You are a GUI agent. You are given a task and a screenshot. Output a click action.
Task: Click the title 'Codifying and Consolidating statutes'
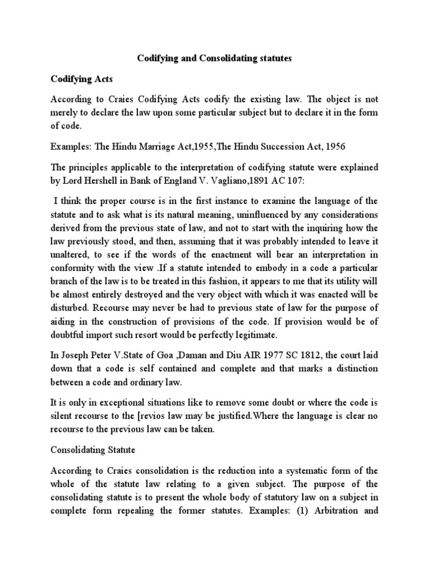point(214,58)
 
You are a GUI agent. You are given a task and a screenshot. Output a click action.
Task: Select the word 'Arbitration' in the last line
point(347,525)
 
